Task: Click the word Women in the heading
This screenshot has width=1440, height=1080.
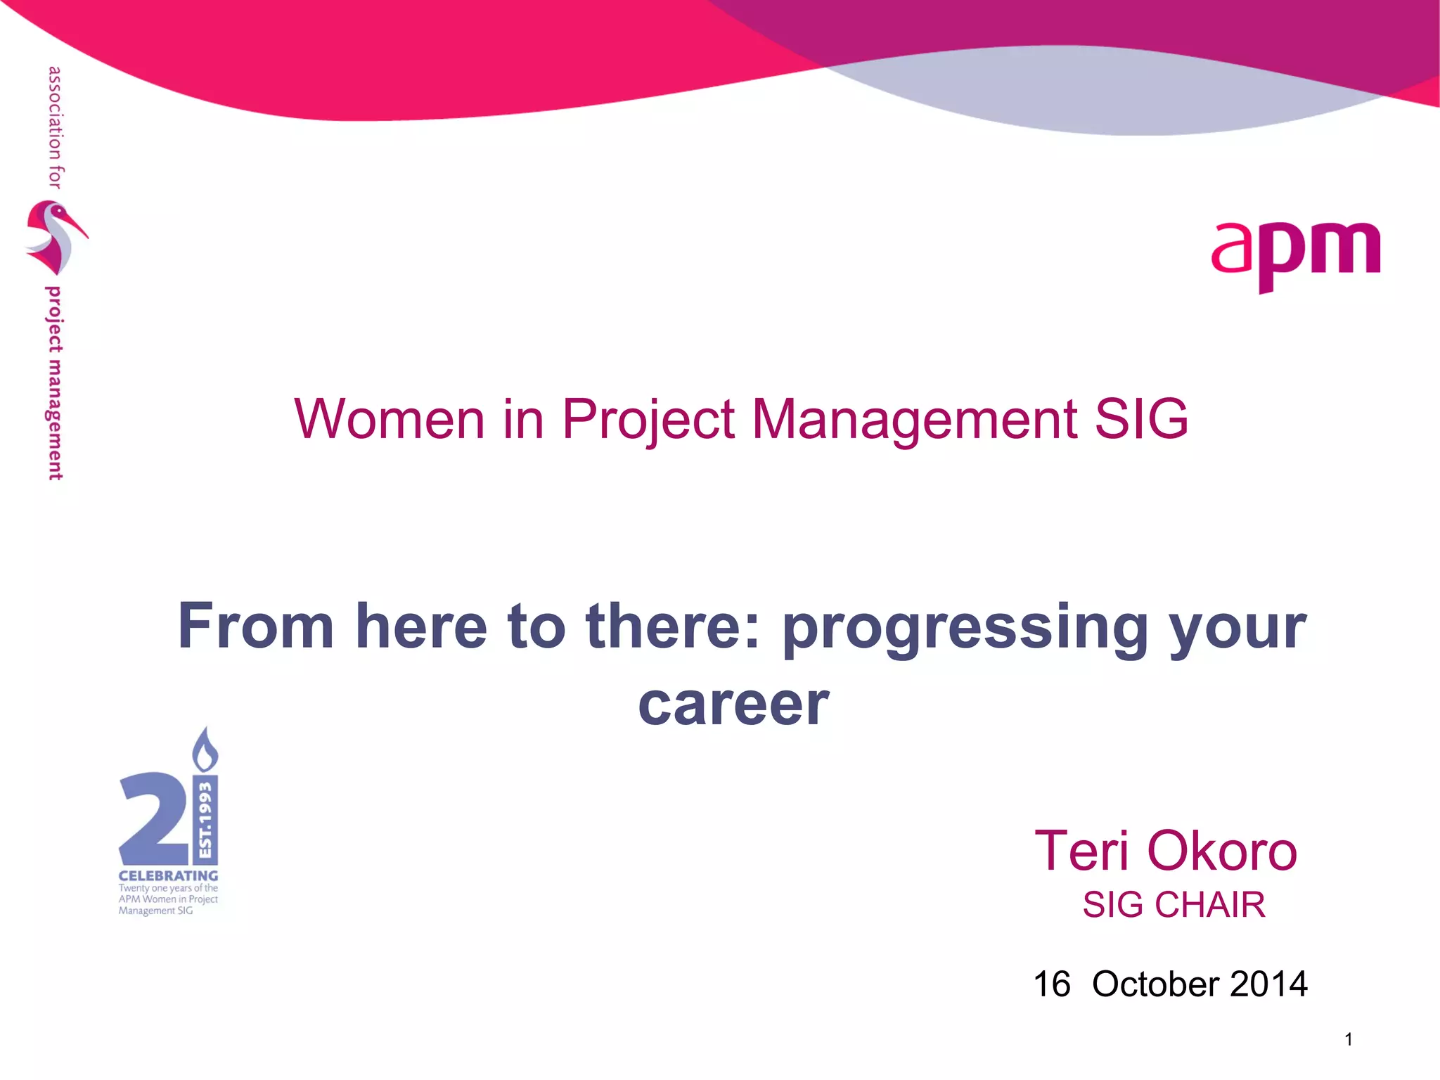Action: click(390, 420)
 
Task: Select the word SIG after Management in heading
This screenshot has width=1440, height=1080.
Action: click(1141, 420)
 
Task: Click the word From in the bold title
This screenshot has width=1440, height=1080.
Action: click(256, 626)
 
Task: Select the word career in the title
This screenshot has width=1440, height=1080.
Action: click(733, 705)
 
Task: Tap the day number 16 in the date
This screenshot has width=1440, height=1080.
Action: click(1051, 984)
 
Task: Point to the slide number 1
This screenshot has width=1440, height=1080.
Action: click(1349, 1039)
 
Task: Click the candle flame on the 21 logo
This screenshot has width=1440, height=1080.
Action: click(205, 751)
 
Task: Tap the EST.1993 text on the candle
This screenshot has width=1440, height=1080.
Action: click(205, 819)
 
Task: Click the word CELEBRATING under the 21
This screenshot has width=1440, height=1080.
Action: click(168, 876)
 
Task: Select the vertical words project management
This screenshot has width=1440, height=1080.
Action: click(54, 383)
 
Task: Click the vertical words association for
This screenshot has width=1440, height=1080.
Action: click(55, 127)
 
